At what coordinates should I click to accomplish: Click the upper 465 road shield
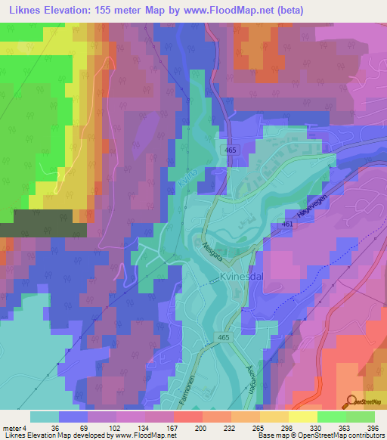click(x=231, y=151)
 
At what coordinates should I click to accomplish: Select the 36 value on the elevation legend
click(x=60, y=427)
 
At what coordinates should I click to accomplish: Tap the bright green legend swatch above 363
click(x=331, y=416)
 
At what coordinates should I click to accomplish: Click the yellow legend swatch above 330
click(x=302, y=416)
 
